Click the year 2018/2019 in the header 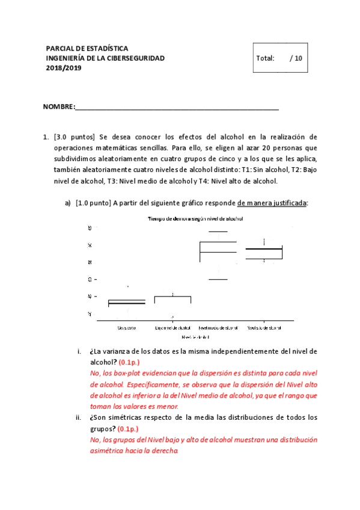(64, 68)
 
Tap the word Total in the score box (265, 58)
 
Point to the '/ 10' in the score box (296, 58)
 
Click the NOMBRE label (59, 107)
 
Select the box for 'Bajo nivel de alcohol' (172, 299)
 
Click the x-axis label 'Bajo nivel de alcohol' (172, 328)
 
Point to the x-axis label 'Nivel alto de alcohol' (264, 328)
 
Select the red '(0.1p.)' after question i (127, 363)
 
